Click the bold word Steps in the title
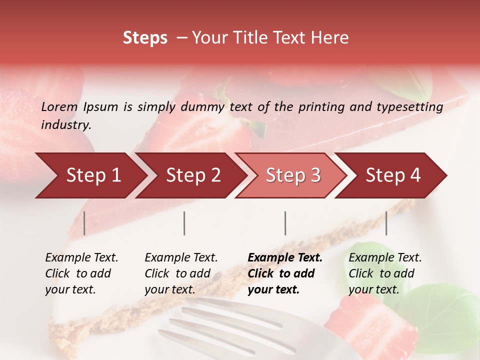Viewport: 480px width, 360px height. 145,38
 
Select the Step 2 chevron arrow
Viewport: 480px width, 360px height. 193,175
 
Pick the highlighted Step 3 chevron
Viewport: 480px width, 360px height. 293,175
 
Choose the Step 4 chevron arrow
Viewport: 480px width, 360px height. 393,175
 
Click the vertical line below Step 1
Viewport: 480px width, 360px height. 84,223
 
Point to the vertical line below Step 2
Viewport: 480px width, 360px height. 184,223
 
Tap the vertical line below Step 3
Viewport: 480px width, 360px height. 285,223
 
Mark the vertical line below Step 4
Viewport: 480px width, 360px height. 386,223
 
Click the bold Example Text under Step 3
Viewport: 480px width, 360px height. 285,258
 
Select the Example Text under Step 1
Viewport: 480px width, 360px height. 81,258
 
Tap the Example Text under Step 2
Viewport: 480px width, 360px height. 181,258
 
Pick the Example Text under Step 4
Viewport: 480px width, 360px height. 385,258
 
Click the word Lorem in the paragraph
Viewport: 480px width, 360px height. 59,107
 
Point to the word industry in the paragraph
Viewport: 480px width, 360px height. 65,125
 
